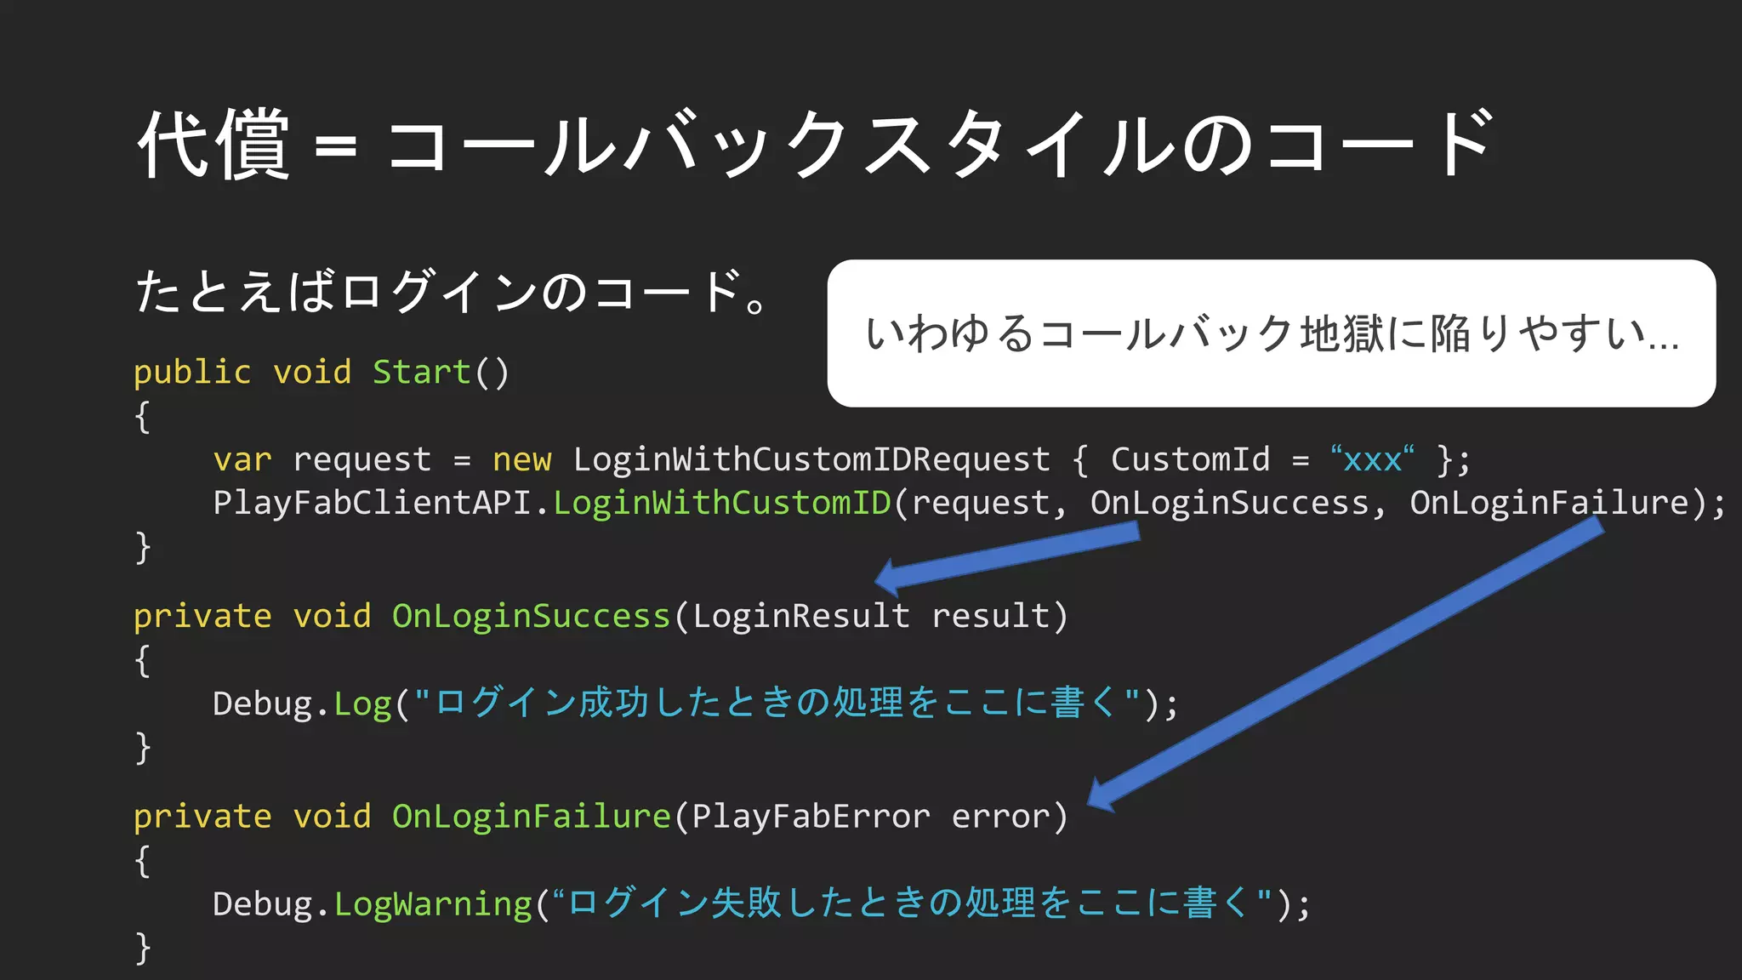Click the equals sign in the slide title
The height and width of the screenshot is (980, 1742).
coord(336,146)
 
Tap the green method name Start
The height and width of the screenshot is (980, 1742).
coord(422,373)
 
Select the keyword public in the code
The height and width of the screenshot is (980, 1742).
coord(192,373)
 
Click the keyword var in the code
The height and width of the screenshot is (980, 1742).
coord(242,460)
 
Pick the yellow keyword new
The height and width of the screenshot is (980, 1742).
coord(521,460)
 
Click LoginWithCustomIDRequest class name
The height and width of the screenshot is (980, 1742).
coord(811,460)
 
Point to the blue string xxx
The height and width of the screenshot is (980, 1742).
coord(1372,460)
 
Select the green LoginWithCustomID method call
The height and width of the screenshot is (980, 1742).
coord(722,503)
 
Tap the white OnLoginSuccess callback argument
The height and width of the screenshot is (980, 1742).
coord(1229,503)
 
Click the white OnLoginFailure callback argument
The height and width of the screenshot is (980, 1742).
coord(1549,503)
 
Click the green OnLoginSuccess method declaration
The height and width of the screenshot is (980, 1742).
coord(531,616)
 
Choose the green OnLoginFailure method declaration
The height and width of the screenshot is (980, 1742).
coord(531,817)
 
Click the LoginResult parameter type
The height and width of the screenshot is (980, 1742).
coord(800,616)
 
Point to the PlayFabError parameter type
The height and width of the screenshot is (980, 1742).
coord(810,817)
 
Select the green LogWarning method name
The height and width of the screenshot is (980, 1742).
coord(433,904)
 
